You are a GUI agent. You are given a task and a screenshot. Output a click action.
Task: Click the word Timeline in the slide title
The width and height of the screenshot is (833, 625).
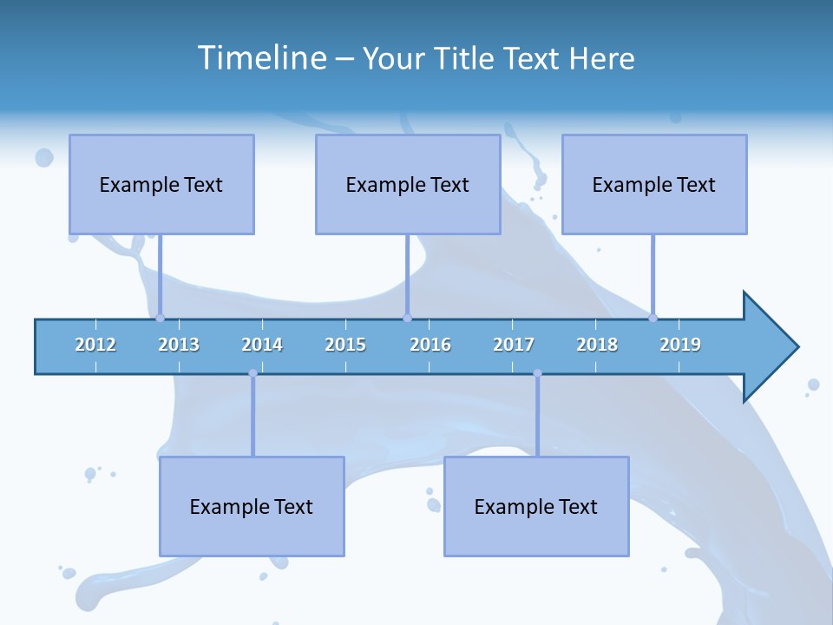(261, 58)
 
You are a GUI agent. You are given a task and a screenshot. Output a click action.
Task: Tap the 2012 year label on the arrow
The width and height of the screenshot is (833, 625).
(95, 345)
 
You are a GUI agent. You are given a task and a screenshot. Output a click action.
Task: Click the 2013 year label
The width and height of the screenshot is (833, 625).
(179, 345)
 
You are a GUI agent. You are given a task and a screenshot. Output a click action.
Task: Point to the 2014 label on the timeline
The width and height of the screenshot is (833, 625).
(262, 345)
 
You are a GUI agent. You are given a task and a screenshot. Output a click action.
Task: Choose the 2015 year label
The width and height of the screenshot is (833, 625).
(345, 345)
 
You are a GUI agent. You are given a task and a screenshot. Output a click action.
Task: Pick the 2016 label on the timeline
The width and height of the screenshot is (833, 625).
(430, 345)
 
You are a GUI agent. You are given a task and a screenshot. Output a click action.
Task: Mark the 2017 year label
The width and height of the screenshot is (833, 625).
(514, 345)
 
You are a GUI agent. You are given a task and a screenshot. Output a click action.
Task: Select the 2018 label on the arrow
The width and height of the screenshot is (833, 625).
(597, 345)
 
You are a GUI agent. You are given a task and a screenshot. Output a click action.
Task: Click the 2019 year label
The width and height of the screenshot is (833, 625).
(680, 345)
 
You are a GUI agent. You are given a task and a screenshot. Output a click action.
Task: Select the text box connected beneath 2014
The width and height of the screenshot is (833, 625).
(252, 506)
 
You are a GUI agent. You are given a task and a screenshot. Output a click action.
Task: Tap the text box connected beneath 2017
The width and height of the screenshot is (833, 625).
(536, 506)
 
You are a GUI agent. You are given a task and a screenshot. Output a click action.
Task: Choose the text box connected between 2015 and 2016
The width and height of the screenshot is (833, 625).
(408, 184)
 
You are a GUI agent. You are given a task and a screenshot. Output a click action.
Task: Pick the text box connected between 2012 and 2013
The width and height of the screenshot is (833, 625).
(161, 184)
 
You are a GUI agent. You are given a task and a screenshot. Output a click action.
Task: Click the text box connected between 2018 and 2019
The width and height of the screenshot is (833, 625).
(654, 184)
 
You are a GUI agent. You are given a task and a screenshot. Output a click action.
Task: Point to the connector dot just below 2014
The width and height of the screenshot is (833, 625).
(253, 373)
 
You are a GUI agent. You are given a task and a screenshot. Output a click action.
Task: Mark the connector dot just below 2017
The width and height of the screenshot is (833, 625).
(537, 373)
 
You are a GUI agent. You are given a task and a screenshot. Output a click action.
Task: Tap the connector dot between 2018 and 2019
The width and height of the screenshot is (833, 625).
(653, 318)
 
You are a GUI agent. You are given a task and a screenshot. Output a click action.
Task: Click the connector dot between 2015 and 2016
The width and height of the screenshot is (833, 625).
(407, 318)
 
